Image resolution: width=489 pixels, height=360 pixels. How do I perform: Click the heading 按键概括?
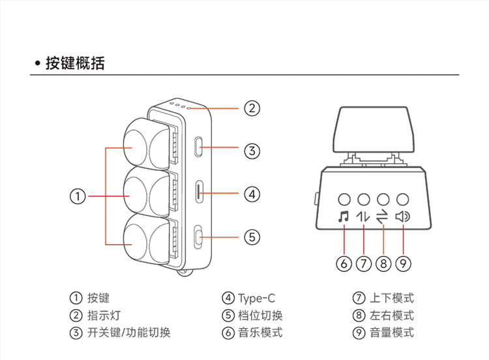[x=74, y=63]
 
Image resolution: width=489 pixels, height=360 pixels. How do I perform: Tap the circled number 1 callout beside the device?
[x=78, y=195]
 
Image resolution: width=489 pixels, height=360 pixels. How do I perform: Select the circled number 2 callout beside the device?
[x=252, y=108]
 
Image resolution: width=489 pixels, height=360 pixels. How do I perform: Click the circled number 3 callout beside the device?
[x=252, y=151]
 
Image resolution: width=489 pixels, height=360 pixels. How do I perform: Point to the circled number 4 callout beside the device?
[x=252, y=194]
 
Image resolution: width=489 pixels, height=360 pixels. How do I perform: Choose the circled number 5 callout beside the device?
[x=252, y=237]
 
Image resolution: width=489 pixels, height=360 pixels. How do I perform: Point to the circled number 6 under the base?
[x=344, y=263]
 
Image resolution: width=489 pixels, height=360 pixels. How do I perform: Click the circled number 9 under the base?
[x=403, y=263]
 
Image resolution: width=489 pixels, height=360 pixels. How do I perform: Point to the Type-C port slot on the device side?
[x=200, y=192]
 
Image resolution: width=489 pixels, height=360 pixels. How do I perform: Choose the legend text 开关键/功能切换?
[x=129, y=333]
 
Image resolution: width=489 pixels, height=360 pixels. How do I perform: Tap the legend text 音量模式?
[x=392, y=333]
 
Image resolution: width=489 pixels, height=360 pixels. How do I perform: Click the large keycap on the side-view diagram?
[x=373, y=129]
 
